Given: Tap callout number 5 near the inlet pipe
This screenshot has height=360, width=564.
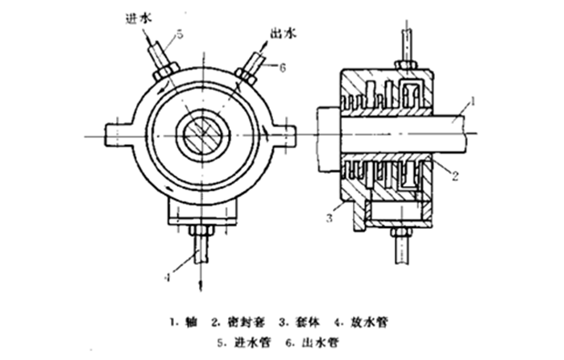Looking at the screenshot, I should point(180,34).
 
